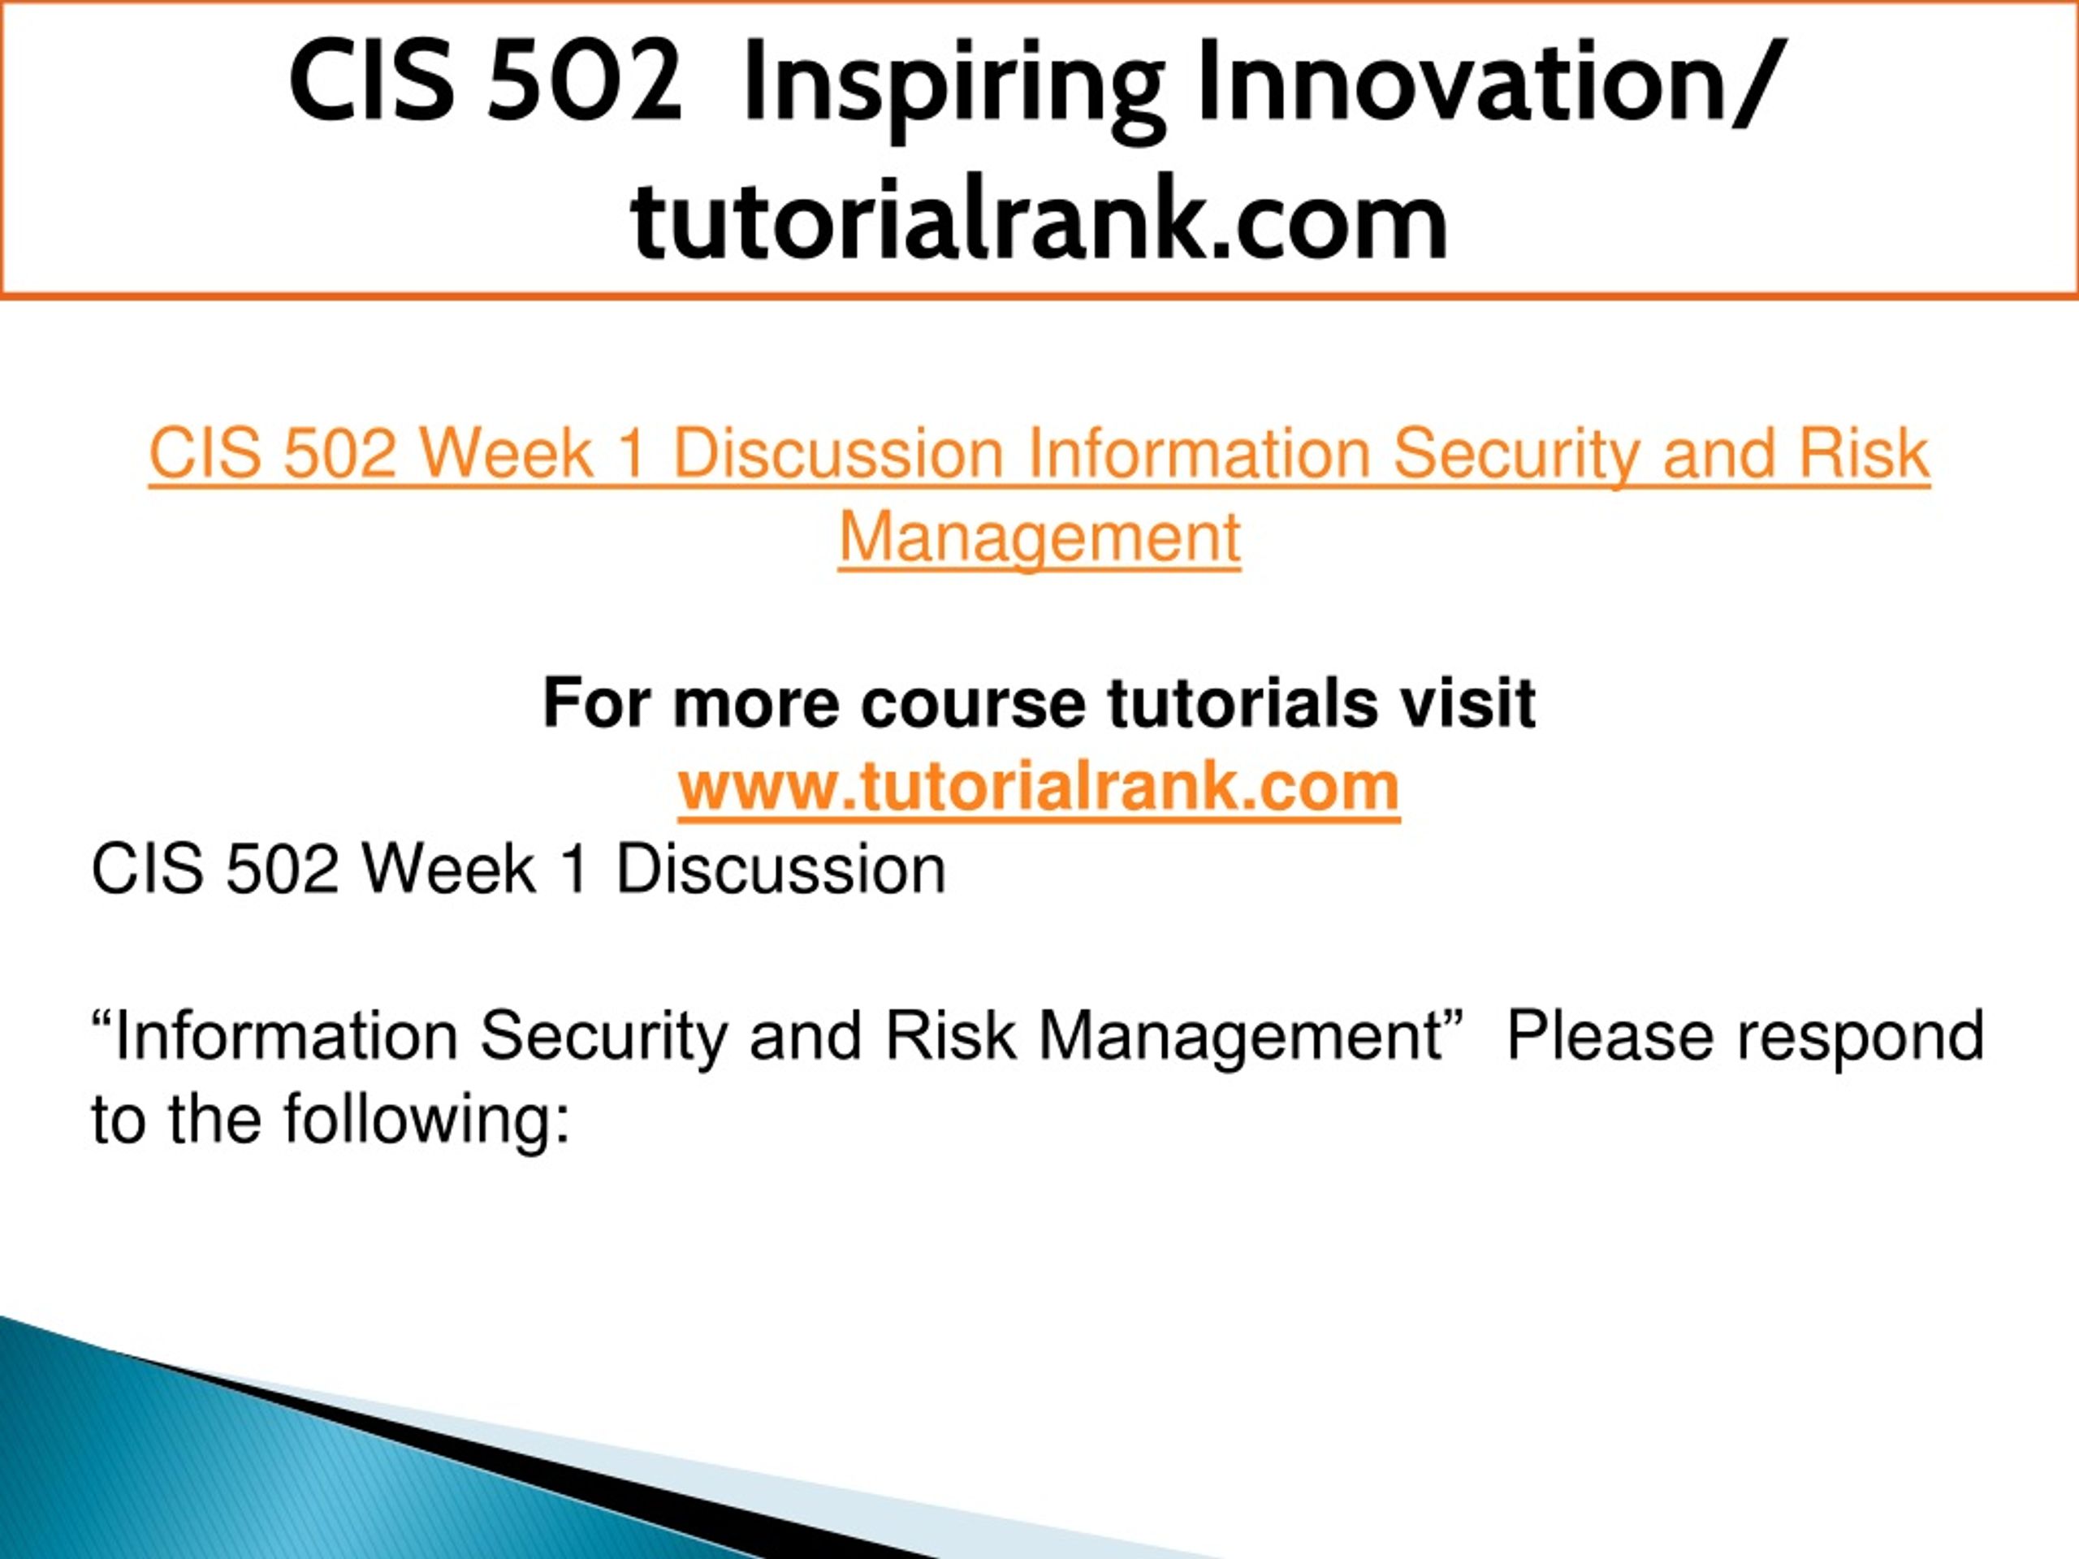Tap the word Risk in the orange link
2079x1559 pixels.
point(1864,454)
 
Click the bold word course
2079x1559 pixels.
point(973,704)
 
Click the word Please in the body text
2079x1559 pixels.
point(1610,1035)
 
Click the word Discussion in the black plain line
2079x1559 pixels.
point(781,870)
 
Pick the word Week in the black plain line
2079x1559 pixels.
point(449,870)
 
